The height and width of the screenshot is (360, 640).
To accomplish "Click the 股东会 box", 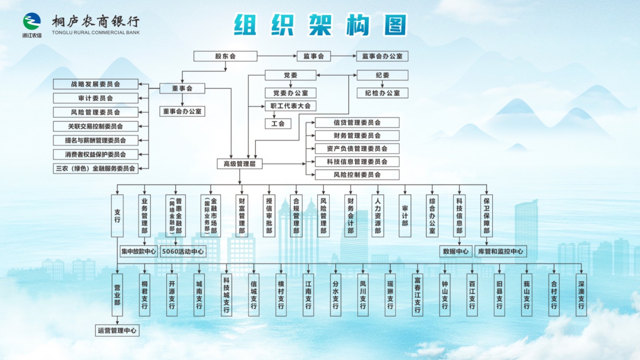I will click(225, 56).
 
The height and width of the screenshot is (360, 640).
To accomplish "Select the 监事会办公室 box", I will click(382, 56).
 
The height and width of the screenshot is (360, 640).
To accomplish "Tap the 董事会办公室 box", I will click(182, 111).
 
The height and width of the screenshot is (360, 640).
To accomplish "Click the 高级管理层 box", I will click(240, 164).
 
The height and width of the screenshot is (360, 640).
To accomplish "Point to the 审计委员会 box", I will click(96, 98).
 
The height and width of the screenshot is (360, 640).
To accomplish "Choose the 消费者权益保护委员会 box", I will click(96, 154).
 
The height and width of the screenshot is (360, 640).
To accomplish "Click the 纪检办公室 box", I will click(382, 93).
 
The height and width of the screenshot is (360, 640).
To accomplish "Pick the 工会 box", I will click(278, 124).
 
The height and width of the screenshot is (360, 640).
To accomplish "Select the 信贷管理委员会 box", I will click(357, 122).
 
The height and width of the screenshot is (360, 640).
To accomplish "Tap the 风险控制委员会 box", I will click(357, 175).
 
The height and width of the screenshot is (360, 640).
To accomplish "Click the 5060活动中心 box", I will click(183, 251).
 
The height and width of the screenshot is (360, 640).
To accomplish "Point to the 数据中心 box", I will click(456, 251).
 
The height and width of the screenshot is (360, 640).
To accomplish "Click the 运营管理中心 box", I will click(117, 330).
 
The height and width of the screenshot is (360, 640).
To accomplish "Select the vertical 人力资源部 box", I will click(378, 216).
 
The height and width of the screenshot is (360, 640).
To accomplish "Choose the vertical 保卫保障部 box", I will click(486, 216).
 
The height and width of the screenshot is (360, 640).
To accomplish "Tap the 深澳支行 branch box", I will click(581, 295).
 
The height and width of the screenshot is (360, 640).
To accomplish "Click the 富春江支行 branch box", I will click(417, 295).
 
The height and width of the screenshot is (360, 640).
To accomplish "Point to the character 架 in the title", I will click(320, 25).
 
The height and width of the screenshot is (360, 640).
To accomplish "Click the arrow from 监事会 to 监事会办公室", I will click(343, 56).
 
